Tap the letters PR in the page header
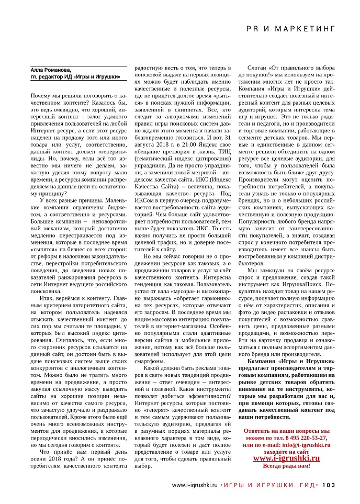[x=253, y=29]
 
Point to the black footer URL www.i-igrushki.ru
[x=195, y=484]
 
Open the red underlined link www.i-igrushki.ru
[x=287, y=458]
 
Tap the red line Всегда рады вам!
[x=287, y=465]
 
